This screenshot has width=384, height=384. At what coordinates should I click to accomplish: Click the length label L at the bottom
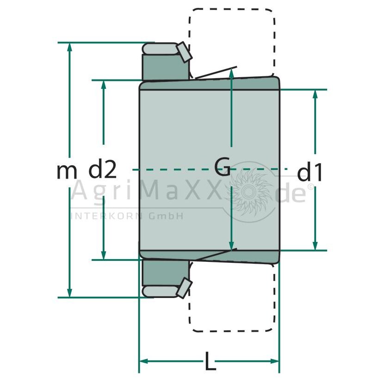point(210,361)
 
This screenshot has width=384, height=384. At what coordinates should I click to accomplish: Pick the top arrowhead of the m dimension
point(70,47)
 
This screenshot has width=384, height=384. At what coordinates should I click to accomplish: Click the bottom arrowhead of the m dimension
point(70,293)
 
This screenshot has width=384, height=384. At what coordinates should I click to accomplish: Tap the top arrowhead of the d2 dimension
point(104,85)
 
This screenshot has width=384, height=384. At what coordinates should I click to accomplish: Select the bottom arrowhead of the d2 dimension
point(104,255)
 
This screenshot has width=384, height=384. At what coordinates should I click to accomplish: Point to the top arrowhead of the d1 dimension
point(315,94)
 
